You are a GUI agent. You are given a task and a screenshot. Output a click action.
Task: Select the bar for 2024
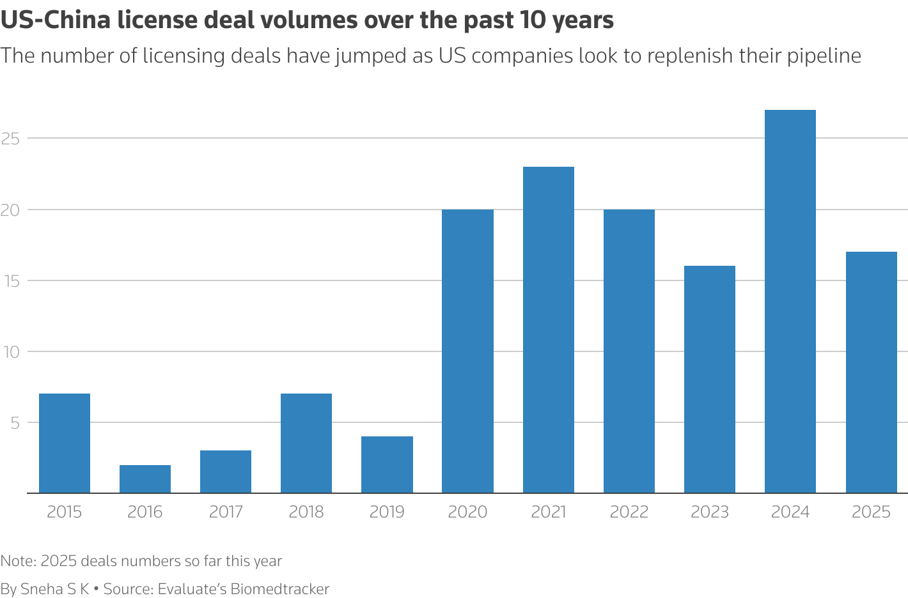[790, 302]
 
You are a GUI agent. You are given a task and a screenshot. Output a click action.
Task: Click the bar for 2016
[145, 479]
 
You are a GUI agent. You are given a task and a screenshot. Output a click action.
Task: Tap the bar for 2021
[549, 330]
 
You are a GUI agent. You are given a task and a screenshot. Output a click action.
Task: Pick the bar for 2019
[387, 465]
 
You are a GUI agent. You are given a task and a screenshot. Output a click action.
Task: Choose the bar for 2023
[710, 379]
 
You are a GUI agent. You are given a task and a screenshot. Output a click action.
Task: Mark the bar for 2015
[65, 443]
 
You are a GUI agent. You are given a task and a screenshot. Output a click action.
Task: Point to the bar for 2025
[871, 372]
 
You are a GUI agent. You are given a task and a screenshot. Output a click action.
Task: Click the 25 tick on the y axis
[11, 138]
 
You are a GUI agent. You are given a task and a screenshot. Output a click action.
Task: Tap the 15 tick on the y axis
[11, 280]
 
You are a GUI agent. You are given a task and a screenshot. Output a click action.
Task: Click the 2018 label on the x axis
[306, 512]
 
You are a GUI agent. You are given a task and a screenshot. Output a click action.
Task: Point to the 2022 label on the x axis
[629, 512]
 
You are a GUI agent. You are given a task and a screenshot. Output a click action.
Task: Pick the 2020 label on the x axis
[467, 512]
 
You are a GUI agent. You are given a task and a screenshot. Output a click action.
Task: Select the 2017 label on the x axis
[226, 512]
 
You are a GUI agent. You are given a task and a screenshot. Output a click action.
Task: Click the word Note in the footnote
[17, 561]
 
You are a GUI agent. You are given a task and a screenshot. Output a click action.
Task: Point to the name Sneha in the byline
[42, 589]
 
